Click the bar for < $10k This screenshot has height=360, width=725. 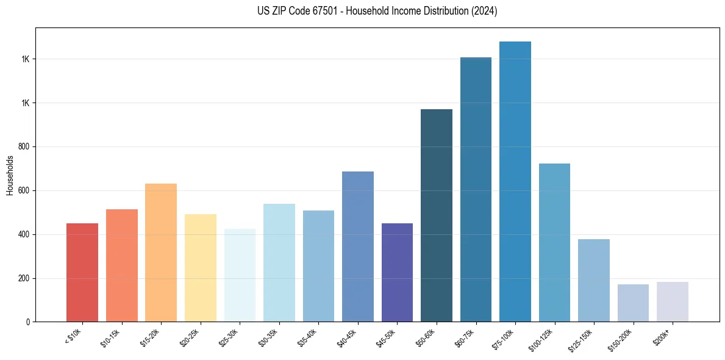[82, 273]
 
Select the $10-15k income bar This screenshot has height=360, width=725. [121, 265]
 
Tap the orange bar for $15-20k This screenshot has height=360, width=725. [161, 253]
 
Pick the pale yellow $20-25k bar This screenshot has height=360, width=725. [200, 268]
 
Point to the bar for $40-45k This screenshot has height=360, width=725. [358, 247]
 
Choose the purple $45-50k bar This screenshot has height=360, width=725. [397, 273]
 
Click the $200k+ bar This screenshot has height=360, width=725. [673, 302]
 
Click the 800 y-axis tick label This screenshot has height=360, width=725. [24, 146]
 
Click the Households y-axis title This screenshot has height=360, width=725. [10, 175]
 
